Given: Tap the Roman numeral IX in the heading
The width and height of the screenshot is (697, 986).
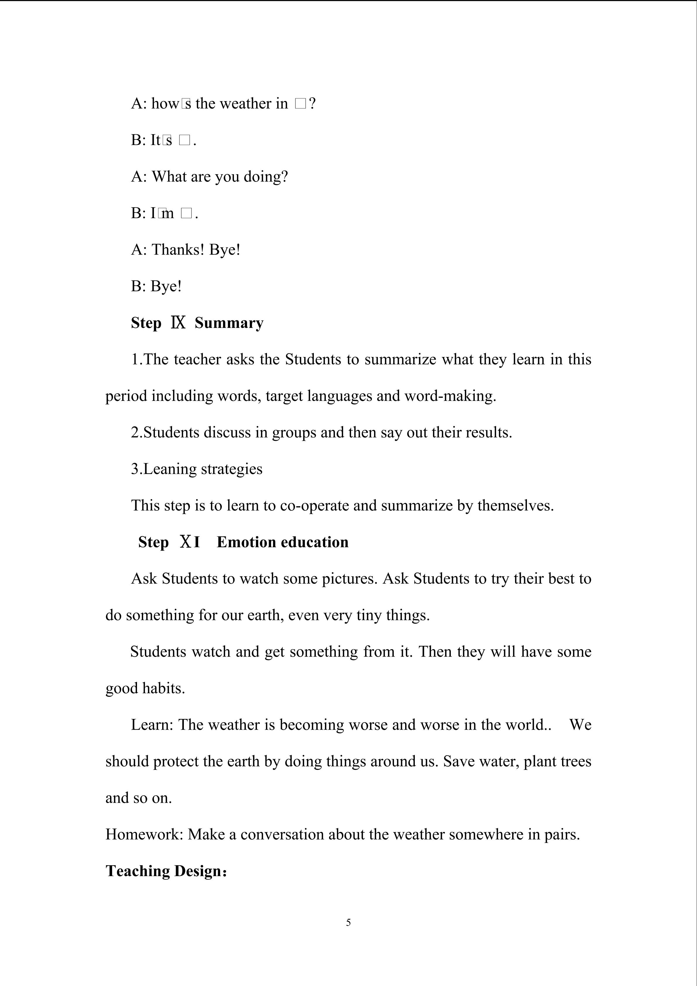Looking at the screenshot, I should [178, 322].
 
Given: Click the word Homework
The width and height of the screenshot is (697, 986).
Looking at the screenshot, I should [144, 834].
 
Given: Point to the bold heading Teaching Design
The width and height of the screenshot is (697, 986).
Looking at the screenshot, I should [166, 871].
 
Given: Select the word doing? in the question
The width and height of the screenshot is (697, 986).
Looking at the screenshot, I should [266, 177].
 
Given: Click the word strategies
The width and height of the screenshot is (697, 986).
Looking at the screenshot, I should [232, 469].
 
